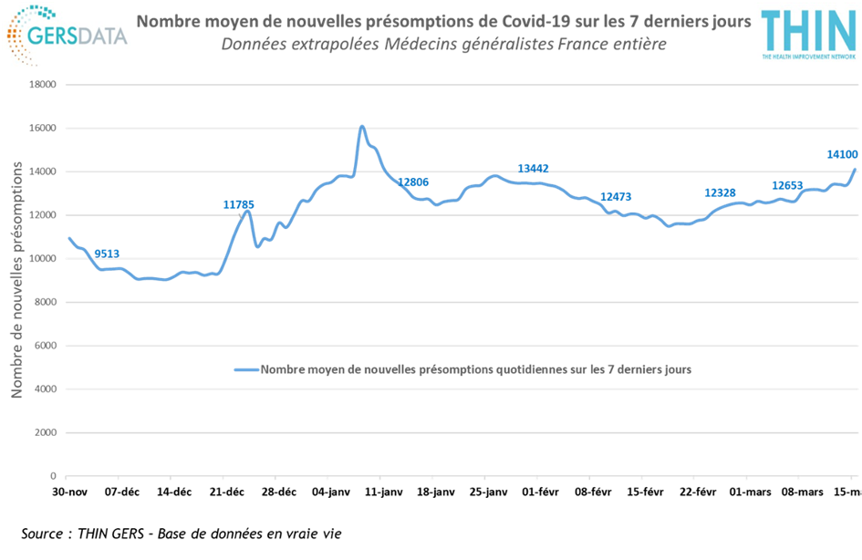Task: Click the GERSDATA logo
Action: pos(68,35)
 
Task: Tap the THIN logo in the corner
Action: pos(809,34)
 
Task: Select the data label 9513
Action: pos(107,254)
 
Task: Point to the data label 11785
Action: pos(239,205)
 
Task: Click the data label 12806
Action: pos(413,182)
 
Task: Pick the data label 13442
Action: pos(534,169)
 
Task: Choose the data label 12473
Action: pos(616,197)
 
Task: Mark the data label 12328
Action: pos(721,192)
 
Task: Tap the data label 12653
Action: pos(787,186)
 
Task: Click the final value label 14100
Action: pos(842,155)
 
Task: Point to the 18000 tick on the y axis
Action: pos(43,85)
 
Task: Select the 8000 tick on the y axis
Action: pos(45,302)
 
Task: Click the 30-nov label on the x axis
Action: pos(70,493)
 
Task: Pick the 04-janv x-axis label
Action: pos(331,493)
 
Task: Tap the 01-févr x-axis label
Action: pos(540,493)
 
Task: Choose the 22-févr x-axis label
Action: pos(698,493)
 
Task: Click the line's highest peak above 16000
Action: pos(362,127)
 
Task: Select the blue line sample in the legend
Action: pos(246,370)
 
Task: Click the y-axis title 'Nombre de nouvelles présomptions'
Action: pos(16,280)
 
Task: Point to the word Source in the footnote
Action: pos(42,534)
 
